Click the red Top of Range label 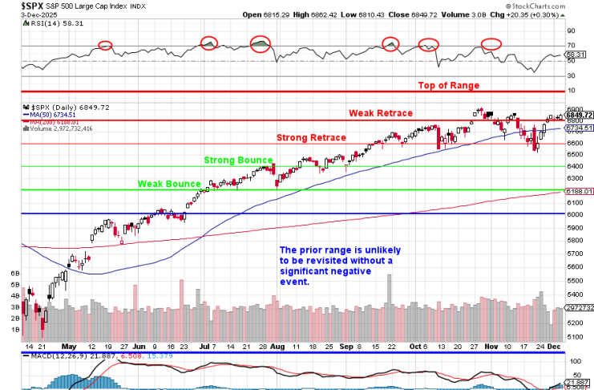(x=449, y=85)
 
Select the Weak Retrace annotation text (x=381, y=113)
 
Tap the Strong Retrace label (x=312, y=138)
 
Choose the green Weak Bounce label (x=168, y=184)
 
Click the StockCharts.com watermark (x=558, y=14)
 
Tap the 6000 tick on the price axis (x=576, y=214)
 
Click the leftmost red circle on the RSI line (x=105, y=45)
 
